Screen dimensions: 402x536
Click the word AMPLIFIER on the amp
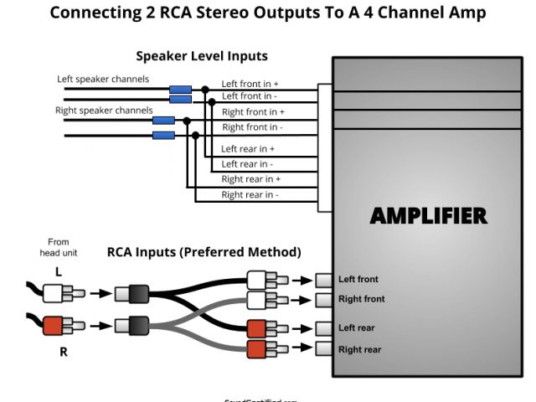(x=428, y=215)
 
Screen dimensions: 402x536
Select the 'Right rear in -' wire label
(x=250, y=195)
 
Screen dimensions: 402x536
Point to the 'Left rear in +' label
(x=248, y=148)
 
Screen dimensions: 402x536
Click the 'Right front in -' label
(x=252, y=127)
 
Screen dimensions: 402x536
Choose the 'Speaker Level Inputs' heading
(x=202, y=56)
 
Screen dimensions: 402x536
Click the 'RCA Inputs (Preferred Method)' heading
(x=204, y=251)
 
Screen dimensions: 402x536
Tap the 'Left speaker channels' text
(x=103, y=80)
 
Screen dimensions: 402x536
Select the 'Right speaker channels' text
(x=104, y=110)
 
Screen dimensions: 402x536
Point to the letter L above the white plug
(x=59, y=272)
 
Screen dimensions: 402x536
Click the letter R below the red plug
(x=63, y=352)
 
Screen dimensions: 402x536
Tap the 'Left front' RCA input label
(x=358, y=280)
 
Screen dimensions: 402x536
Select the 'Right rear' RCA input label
(x=359, y=349)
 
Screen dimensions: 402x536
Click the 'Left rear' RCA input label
(x=356, y=328)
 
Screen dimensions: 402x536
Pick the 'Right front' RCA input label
(x=361, y=299)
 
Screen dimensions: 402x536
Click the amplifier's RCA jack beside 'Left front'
(x=323, y=280)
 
